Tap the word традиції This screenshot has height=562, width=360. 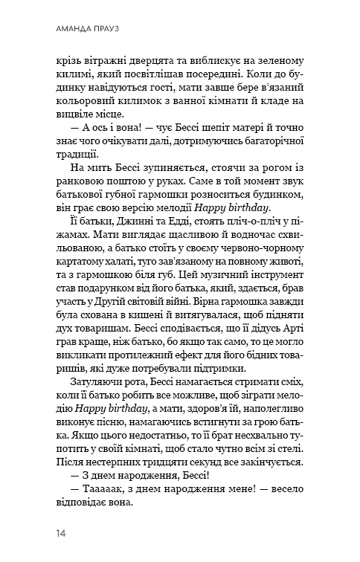coord(76,156)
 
